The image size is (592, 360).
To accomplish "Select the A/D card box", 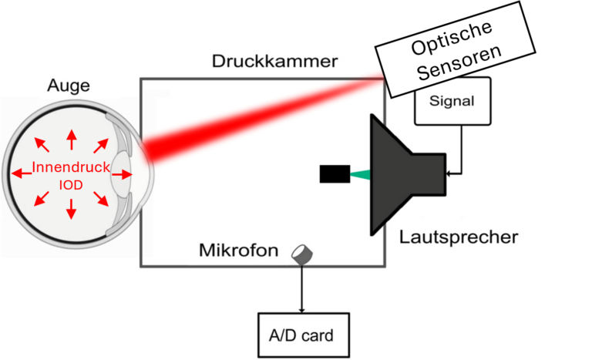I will pyautogui.click(x=302, y=335).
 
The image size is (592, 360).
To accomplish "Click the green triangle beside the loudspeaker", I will pyautogui.click(x=357, y=175).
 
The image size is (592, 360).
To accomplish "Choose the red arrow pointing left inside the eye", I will pyautogui.click(x=22, y=174).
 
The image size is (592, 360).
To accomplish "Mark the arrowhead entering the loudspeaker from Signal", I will pyautogui.click(x=452, y=173).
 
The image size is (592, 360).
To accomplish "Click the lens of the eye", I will pyautogui.click(x=123, y=174).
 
